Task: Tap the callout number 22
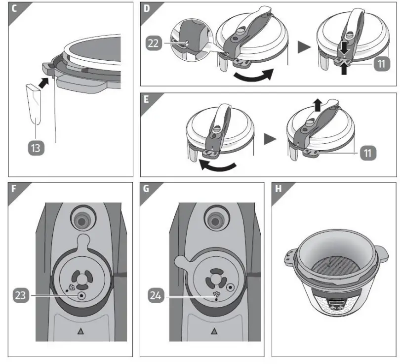pos(154,43)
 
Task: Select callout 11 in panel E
pos(367,153)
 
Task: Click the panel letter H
pos(278,188)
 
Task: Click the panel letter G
pos(146,188)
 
